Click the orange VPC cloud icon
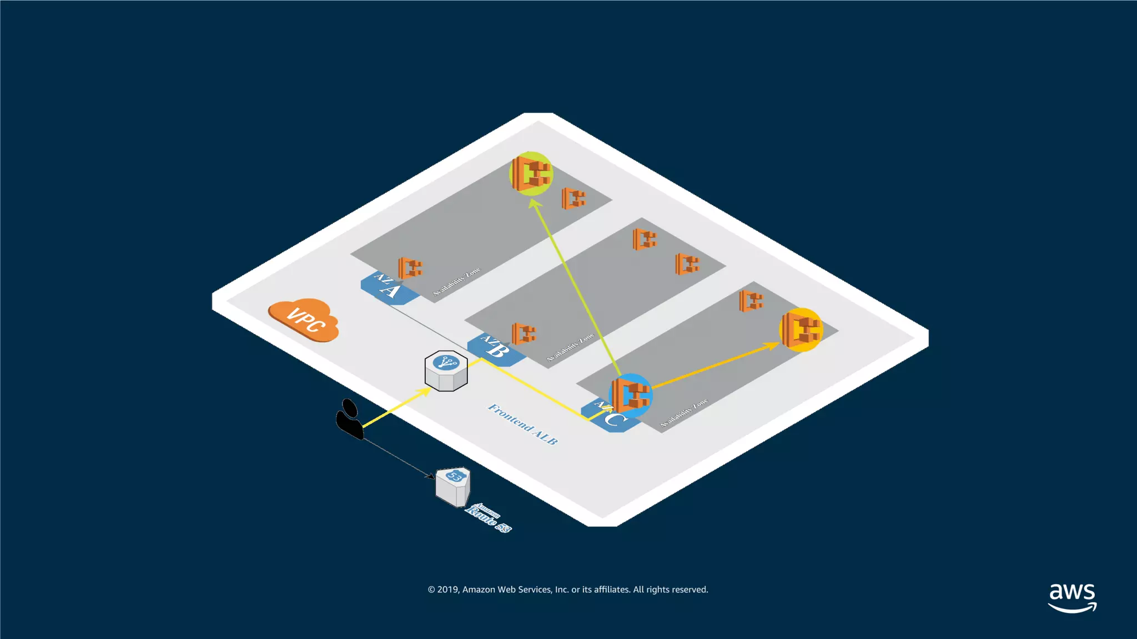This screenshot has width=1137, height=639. [304, 319]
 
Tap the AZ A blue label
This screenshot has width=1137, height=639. [389, 288]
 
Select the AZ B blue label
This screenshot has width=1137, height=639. [496, 348]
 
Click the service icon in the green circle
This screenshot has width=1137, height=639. [531, 173]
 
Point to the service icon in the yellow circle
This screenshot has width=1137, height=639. [801, 329]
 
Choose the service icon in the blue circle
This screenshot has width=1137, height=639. [630, 395]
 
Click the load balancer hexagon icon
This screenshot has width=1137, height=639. [446, 371]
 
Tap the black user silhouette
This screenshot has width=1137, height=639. [349, 419]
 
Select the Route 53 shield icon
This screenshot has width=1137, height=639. [453, 486]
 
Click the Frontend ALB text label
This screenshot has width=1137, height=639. [522, 424]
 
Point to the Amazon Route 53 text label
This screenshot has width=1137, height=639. [488, 518]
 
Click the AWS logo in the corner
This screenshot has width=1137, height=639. [1072, 597]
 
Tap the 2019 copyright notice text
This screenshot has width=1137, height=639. [568, 590]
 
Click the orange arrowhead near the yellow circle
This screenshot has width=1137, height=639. [772, 346]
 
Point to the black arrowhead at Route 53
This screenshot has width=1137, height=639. [430, 475]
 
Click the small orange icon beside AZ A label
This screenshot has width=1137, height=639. [410, 268]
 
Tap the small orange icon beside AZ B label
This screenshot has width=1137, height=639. [524, 333]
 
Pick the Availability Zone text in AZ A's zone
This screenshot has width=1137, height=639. [456, 282]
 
